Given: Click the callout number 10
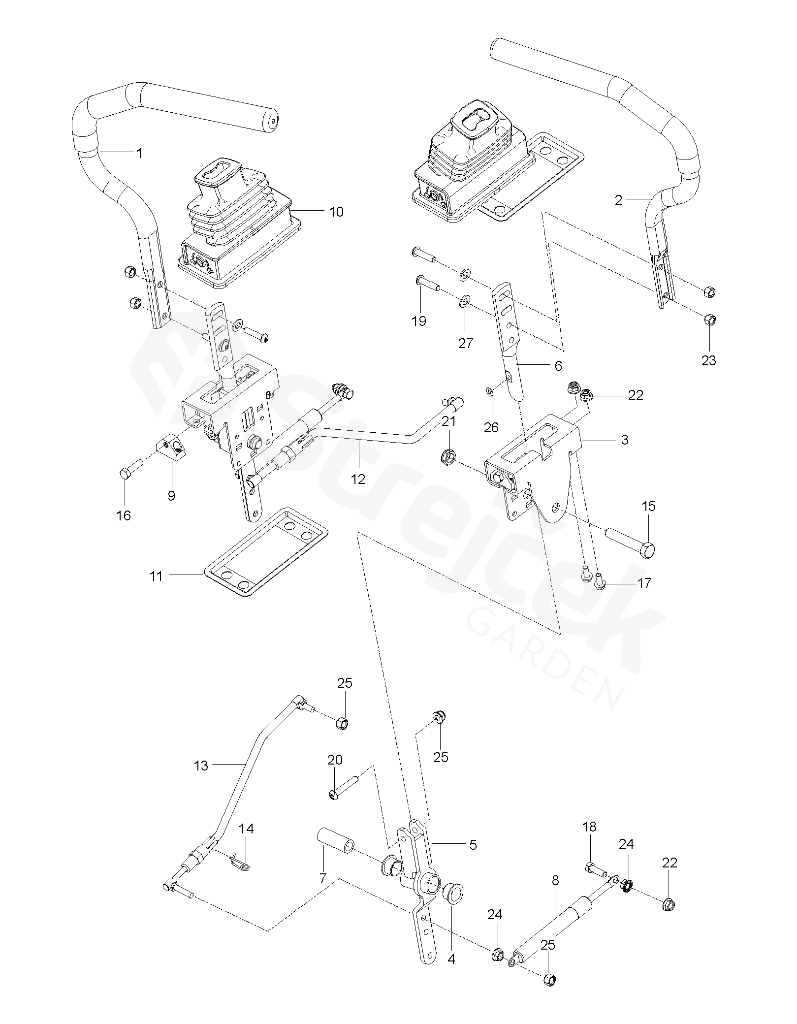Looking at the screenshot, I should (336, 212).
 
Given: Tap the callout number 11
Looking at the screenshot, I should (156, 576).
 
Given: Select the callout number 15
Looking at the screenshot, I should (649, 506).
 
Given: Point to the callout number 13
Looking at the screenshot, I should (201, 766).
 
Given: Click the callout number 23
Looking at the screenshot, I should (709, 360).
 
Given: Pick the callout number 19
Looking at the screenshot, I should (419, 321).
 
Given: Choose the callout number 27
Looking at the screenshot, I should (466, 343).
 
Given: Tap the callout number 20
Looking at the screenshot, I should (335, 760).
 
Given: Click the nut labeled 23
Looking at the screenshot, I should (709, 320).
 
